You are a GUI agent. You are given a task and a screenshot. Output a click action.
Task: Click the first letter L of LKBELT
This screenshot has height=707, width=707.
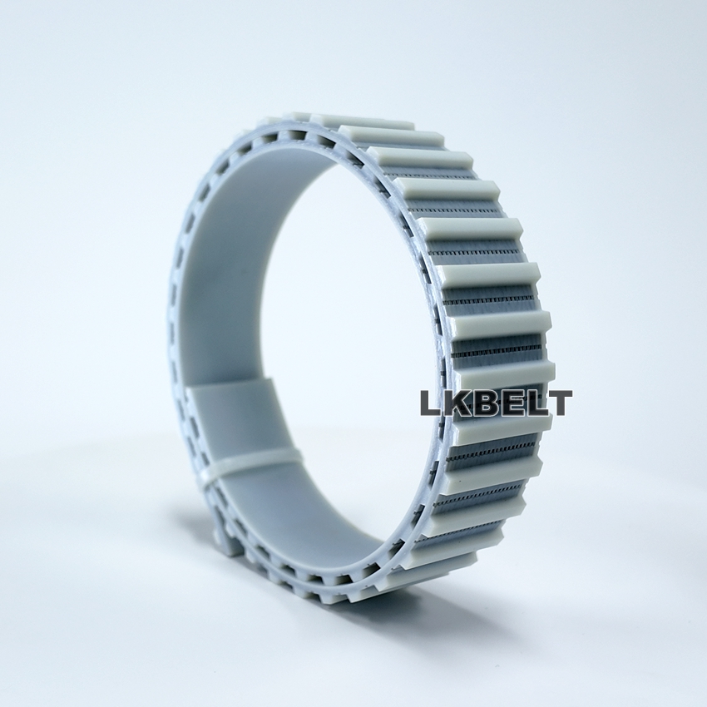click(431, 403)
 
